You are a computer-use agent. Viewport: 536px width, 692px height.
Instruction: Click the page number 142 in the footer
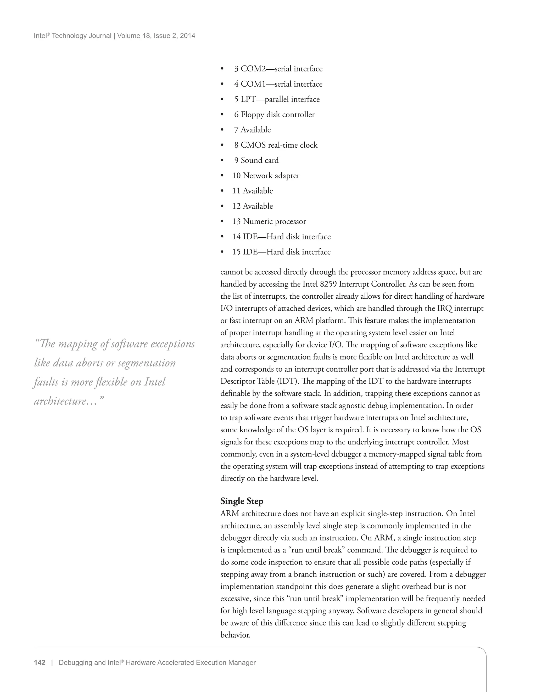[x=40, y=662]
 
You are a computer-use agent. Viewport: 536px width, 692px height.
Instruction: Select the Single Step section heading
[x=242, y=501]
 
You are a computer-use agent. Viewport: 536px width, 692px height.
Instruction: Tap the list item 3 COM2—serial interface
[x=278, y=69]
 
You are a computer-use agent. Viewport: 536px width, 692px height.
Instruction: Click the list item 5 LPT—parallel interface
[x=277, y=99]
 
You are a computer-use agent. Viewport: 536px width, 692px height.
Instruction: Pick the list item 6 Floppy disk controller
[x=274, y=114]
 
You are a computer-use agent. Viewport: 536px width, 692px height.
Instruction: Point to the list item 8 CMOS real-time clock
[x=276, y=145]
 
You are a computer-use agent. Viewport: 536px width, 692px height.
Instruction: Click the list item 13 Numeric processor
[x=269, y=221]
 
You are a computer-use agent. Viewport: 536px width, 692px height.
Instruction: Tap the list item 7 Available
[x=253, y=130]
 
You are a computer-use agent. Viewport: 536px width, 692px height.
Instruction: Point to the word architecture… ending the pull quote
[x=69, y=401]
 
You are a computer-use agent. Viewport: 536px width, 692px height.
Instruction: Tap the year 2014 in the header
[x=188, y=36]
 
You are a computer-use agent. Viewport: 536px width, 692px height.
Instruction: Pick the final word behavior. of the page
[x=235, y=635]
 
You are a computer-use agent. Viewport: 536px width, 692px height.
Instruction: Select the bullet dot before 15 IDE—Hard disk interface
[x=222, y=252]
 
